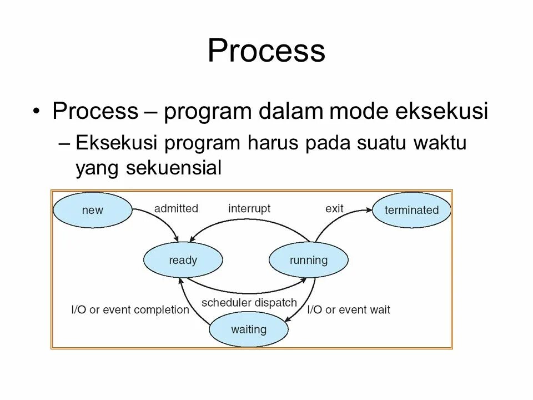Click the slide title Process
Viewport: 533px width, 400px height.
(x=266, y=51)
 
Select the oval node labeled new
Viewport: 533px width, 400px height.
(x=92, y=210)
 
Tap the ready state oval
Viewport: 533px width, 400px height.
(x=183, y=260)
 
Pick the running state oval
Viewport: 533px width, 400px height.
(x=309, y=260)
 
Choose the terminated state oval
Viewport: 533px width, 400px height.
(x=411, y=210)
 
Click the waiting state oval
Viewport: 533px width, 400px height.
(x=249, y=329)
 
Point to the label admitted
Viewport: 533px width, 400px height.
(x=176, y=208)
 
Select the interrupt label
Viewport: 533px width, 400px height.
(x=249, y=208)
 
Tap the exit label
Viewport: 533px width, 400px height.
(x=334, y=208)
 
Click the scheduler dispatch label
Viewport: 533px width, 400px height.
(x=249, y=303)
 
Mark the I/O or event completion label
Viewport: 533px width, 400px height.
(x=130, y=309)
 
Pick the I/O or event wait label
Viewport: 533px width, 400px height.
(x=349, y=309)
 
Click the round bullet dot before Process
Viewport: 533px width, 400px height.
(x=37, y=112)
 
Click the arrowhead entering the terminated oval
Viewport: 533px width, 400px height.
(x=369, y=209)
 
